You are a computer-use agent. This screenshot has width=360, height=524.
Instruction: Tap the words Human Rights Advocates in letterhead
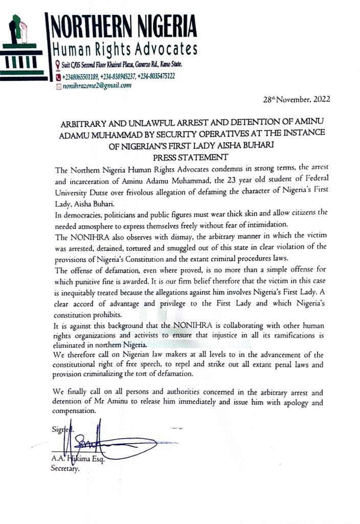[x=122, y=50]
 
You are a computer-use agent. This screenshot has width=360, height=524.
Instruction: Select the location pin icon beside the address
[x=57, y=65]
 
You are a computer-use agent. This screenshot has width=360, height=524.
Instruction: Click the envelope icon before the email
[x=58, y=86]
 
